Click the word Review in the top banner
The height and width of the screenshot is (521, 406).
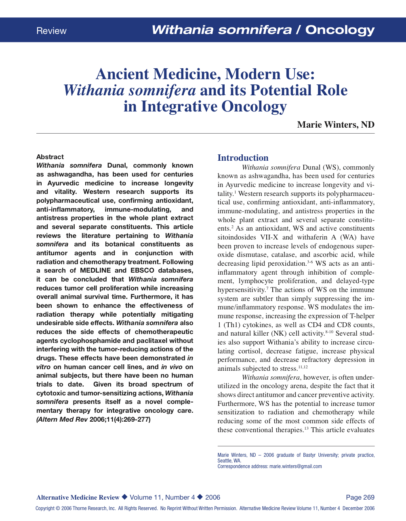click(x=51, y=31)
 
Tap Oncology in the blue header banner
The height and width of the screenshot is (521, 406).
click(x=340, y=30)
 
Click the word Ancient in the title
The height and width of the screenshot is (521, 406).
click(x=122, y=74)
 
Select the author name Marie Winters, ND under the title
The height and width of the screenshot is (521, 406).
click(x=335, y=124)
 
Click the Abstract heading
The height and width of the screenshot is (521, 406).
click(x=50, y=157)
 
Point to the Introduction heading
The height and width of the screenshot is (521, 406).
click(x=243, y=158)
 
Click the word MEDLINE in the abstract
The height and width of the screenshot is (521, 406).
click(x=95, y=270)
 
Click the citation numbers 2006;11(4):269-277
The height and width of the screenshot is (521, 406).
click(x=120, y=419)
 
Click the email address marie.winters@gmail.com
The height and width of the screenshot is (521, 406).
click(x=295, y=466)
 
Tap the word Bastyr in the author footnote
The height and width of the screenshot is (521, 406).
click(x=309, y=455)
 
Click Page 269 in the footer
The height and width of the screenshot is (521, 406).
click(x=360, y=497)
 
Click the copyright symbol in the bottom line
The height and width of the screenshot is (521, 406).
click(x=58, y=508)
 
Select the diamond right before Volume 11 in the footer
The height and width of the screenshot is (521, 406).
click(x=124, y=497)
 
